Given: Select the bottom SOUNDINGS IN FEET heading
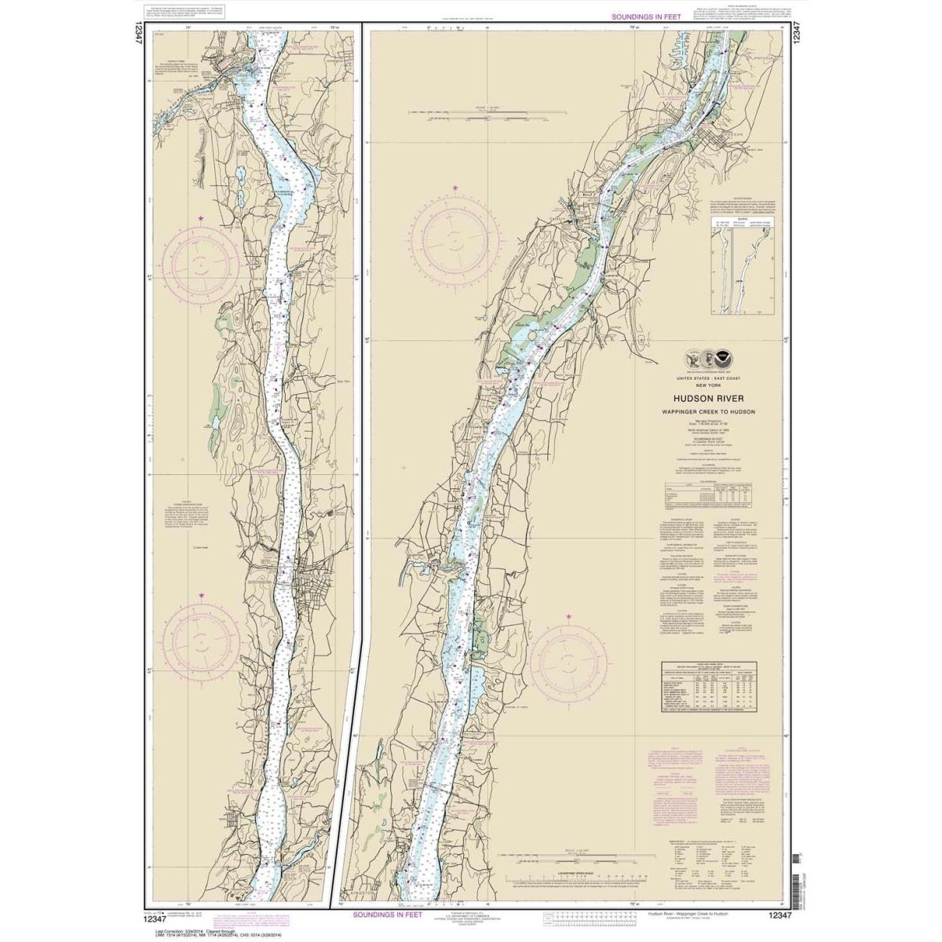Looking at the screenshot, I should [387, 915].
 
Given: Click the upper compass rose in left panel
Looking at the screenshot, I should [201, 263].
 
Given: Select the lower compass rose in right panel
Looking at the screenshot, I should [568, 658].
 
